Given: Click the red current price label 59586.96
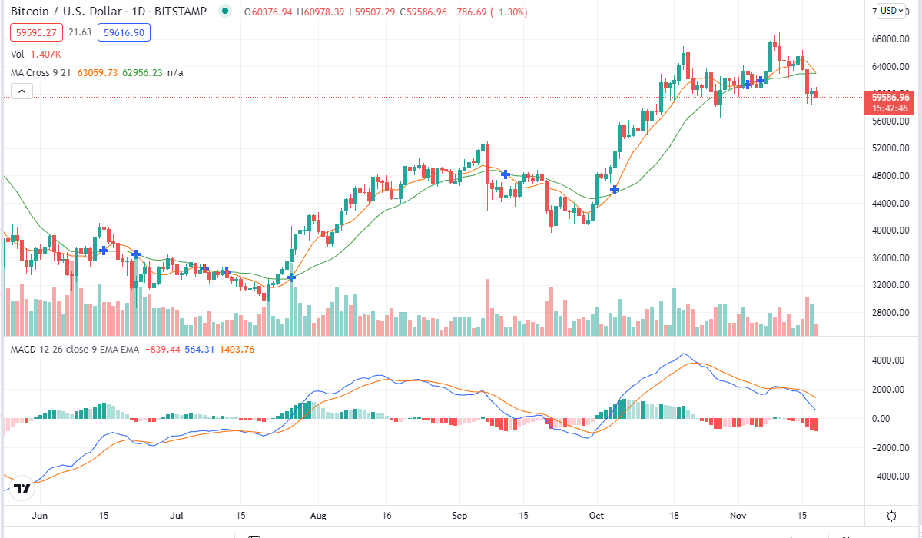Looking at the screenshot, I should [x=890, y=98].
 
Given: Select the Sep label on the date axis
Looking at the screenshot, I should [x=459, y=516].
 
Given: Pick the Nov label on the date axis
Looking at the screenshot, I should [x=738, y=516].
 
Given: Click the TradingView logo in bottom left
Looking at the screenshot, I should [x=22, y=488].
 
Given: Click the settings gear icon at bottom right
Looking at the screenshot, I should [x=892, y=516].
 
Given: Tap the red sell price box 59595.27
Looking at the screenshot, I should [x=33, y=32].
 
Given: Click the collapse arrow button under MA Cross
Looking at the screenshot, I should [x=22, y=91].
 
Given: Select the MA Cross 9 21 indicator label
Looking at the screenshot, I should [x=48, y=72].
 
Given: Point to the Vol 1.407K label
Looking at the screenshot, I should [x=35, y=54].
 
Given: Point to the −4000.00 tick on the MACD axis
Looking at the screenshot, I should [x=891, y=477].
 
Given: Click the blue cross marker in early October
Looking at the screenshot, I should [x=615, y=189].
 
